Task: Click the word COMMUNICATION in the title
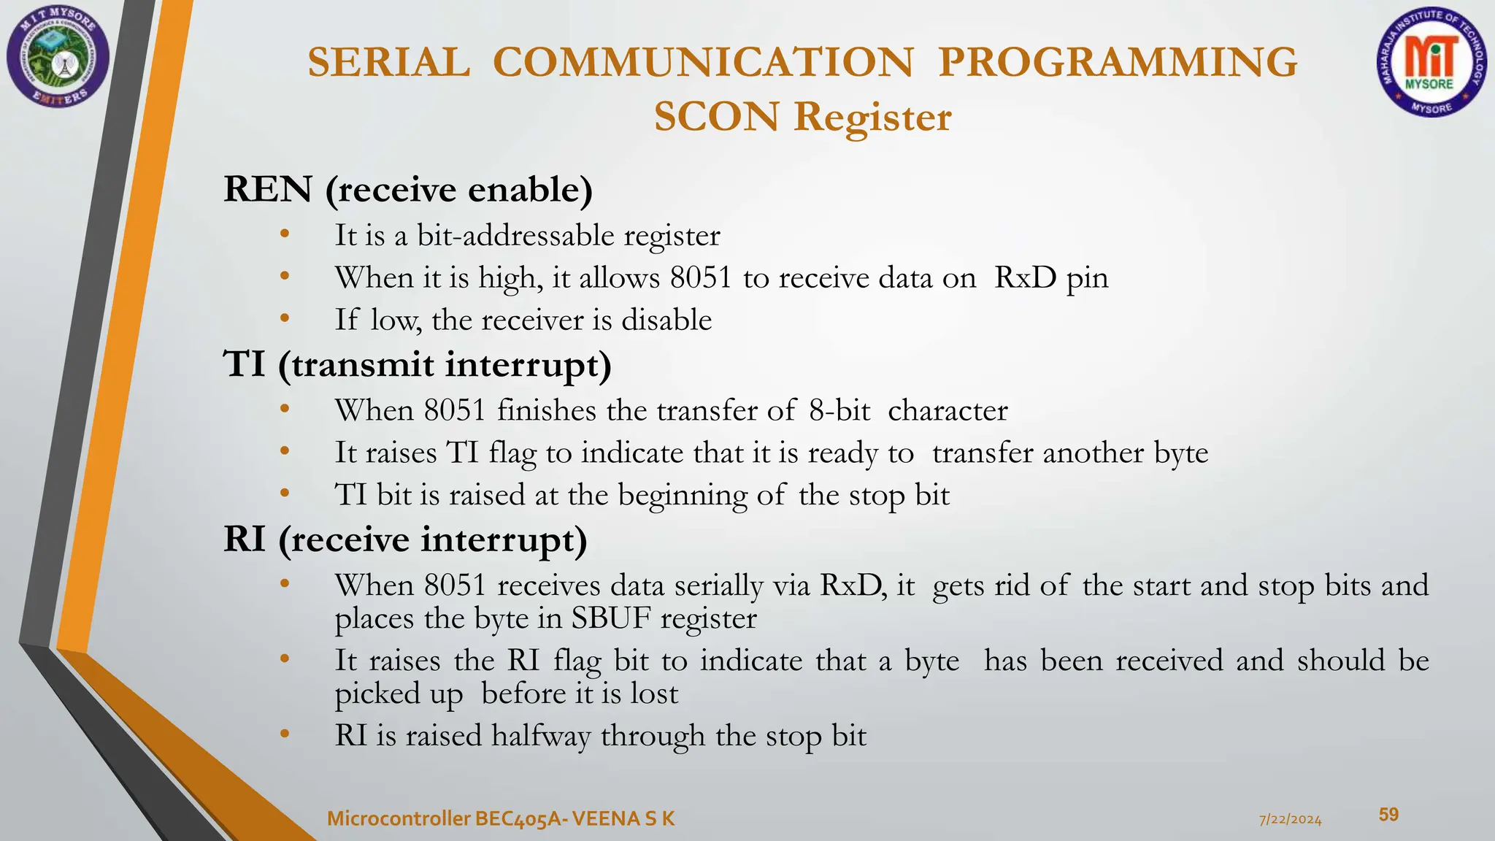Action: (x=703, y=62)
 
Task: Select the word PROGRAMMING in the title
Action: (x=1118, y=62)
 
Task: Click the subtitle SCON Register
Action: (x=802, y=117)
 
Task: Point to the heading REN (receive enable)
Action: (x=407, y=189)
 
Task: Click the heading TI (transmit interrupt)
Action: (x=417, y=364)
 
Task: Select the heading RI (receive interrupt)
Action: (x=405, y=539)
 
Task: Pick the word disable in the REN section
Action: (x=666, y=320)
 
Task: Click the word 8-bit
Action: (x=839, y=410)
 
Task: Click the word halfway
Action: (x=541, y=736)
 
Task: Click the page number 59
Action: (x=1388, y=815)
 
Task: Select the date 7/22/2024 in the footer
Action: (x=1290, y=820)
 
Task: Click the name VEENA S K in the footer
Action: (x=624, y=819)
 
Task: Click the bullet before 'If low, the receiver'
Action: (x=285, y=319)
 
